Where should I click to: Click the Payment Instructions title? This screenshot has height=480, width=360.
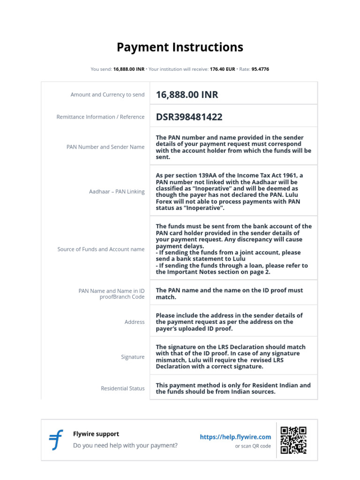[x=180, y=47]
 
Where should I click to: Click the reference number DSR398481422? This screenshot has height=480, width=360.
[x=189, y=117]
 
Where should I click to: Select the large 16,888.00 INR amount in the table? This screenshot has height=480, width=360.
[x=187, y=95]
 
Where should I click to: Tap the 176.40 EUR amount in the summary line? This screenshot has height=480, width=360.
[x=222, y=69]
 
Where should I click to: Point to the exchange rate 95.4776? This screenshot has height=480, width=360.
[x=260, y=69]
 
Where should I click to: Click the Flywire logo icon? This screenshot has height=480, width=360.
[x=56, y=440]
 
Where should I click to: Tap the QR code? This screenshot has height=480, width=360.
[x=293, y=440]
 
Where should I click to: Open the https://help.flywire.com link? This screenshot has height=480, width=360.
[x=235, y=437]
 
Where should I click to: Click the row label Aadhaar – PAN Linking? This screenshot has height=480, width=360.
[x=117, y=192]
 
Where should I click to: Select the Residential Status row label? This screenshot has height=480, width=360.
[x=123, y=389]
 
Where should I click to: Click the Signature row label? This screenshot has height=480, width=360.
[x=133, y=357]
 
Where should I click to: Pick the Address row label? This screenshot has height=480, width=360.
[x=135, y=322]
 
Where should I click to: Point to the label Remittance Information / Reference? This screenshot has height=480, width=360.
[x=100, y=117]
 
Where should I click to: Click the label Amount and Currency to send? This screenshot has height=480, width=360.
[x=107, y=95]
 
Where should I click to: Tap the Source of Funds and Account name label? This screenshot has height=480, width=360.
[x=101, y=249]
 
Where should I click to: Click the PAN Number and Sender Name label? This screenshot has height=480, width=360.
[x=105, y=147]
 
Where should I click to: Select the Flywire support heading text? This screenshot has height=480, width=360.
[x=96, y=434]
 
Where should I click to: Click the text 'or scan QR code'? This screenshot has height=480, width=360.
[x=253, y=446]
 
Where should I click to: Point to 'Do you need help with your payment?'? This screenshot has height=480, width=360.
[x=125, y=445]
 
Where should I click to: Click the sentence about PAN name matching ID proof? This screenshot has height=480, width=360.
[x=229, y=293]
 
